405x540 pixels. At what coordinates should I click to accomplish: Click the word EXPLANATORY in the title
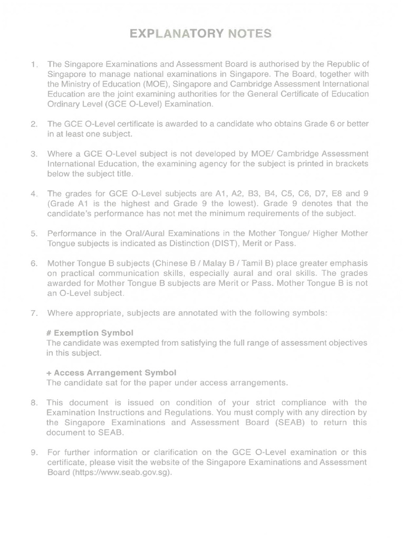pyautogui.click(x=169, y=34)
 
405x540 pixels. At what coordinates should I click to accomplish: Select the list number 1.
pyautogui.click(x=34, y=65)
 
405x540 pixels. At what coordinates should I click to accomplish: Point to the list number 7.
pyautogui.click(x=34, y=313)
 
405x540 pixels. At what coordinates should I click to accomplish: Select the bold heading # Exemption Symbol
pyautogui.click(x=90, y=333)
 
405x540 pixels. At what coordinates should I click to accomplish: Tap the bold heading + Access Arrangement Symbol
pyautogui.click(x=111, y=372)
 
